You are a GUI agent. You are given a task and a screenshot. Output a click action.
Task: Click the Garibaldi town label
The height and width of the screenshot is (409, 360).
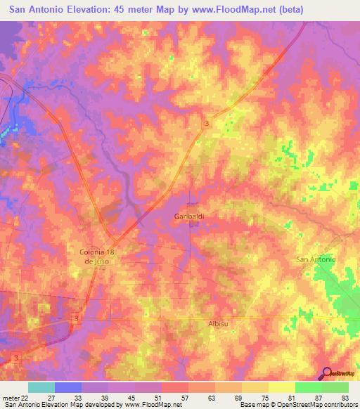189,217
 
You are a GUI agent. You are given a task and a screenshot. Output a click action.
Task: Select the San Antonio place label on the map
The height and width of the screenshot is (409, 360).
316,259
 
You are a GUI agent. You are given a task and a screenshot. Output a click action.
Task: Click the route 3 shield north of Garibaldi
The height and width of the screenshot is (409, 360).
206,123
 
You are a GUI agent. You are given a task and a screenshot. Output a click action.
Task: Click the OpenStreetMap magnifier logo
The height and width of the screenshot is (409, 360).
328,373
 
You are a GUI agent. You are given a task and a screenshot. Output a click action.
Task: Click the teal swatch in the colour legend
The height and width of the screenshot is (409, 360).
41,387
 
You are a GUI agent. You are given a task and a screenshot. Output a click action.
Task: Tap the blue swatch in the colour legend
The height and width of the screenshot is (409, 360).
68,387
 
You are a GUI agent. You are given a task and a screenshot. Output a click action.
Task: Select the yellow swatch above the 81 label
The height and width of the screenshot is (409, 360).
282,387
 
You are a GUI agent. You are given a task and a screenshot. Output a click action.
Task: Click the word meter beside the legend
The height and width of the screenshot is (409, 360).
10,397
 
